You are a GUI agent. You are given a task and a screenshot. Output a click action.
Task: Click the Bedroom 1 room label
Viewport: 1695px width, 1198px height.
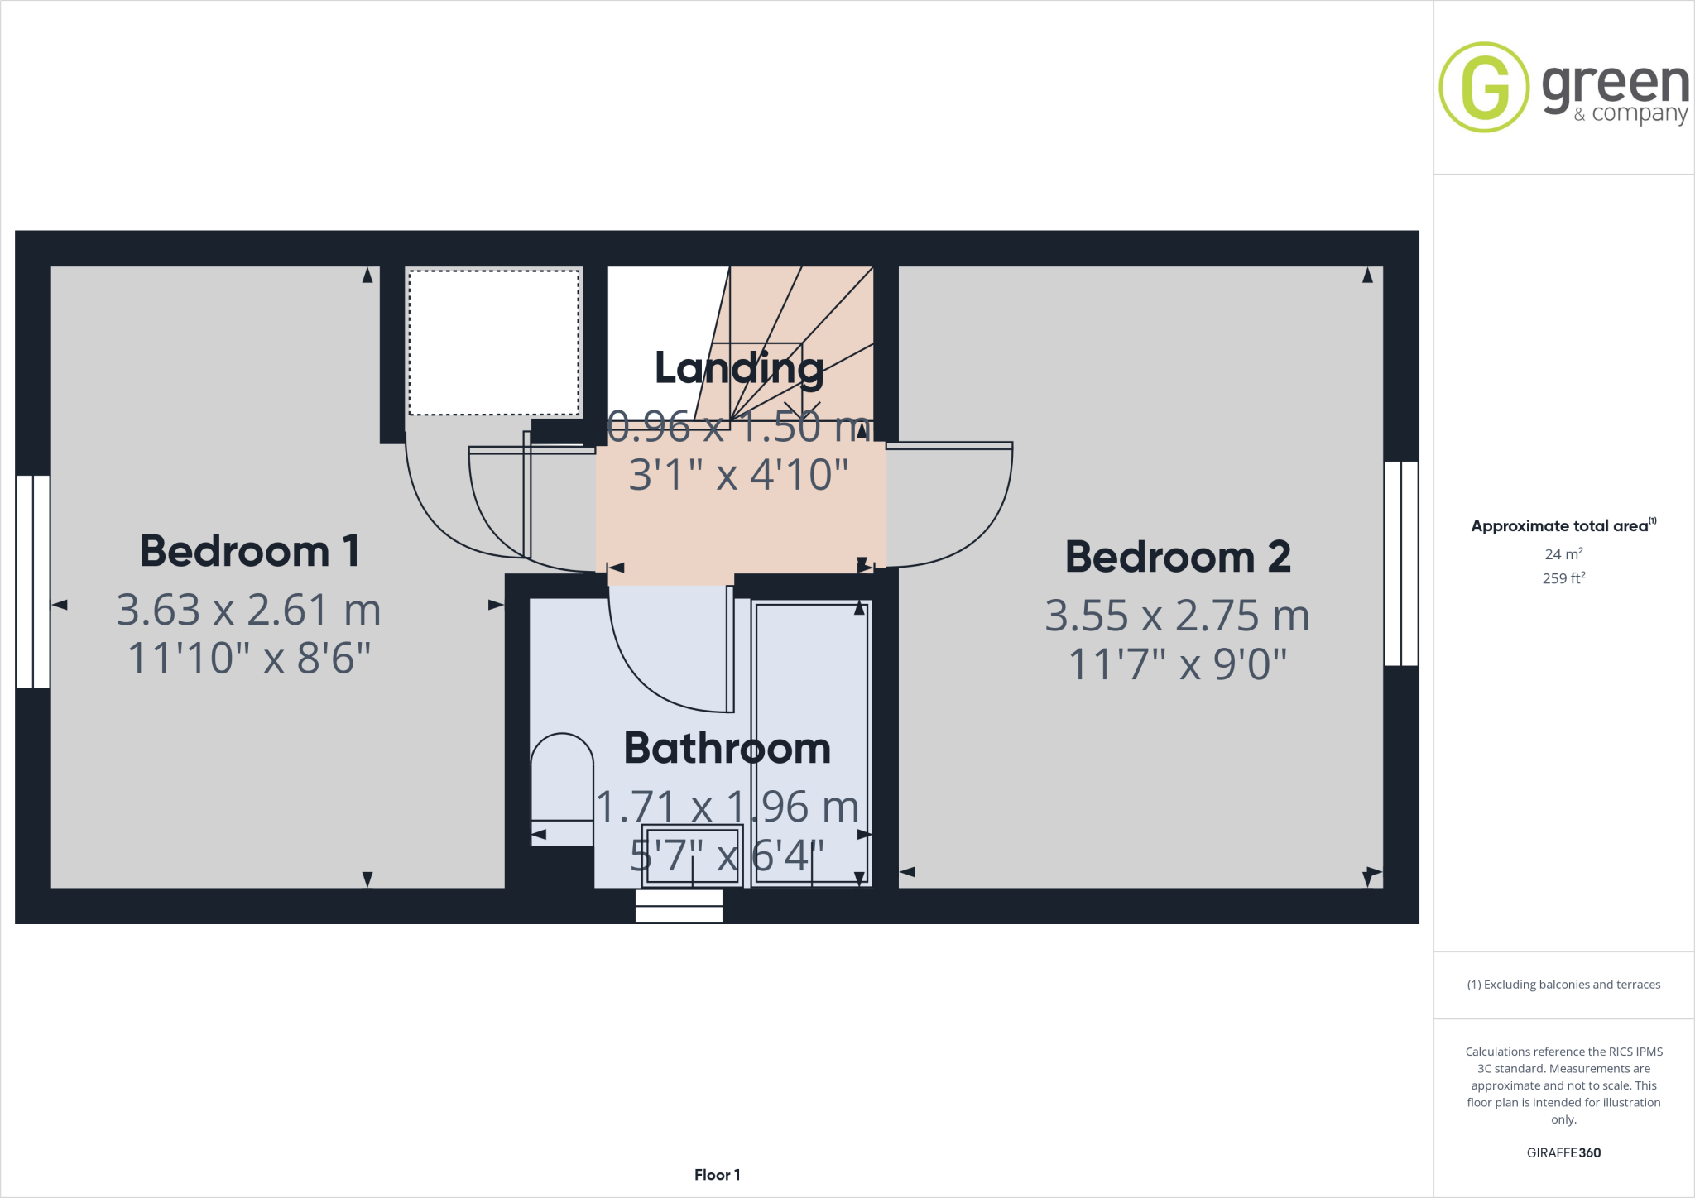249,551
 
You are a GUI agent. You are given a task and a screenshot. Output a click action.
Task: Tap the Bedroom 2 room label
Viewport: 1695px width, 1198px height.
1177,557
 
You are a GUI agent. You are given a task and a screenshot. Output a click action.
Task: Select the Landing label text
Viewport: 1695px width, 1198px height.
739,368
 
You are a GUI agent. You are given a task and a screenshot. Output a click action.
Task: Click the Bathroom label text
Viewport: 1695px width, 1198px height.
727,749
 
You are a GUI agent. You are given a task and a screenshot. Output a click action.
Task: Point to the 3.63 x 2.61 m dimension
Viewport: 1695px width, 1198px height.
248,611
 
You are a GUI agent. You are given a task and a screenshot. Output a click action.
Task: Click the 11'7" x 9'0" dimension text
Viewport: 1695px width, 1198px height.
1177,664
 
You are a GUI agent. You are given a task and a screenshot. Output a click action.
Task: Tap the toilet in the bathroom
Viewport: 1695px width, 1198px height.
562,786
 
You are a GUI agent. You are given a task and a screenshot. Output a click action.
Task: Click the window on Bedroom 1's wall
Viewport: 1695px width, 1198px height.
33,581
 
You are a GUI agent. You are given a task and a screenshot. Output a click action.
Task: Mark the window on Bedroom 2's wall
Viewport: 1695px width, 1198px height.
1400,563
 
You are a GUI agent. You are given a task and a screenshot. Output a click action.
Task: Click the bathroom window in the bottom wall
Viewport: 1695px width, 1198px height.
679,906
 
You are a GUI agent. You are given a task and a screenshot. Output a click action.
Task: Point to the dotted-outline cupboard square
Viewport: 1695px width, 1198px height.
494,343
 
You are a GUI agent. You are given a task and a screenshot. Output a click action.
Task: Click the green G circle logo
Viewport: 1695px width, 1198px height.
1484,87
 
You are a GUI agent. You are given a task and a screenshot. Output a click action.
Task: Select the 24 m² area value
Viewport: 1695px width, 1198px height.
1563,554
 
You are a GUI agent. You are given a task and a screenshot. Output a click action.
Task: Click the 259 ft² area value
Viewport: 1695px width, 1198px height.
1563,578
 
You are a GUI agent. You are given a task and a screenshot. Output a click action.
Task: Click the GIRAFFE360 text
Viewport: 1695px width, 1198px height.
1563,1152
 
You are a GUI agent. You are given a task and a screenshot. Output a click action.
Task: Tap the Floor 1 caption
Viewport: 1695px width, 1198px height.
717,1175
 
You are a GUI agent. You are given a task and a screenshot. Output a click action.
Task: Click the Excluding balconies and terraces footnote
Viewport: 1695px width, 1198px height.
1563,985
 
